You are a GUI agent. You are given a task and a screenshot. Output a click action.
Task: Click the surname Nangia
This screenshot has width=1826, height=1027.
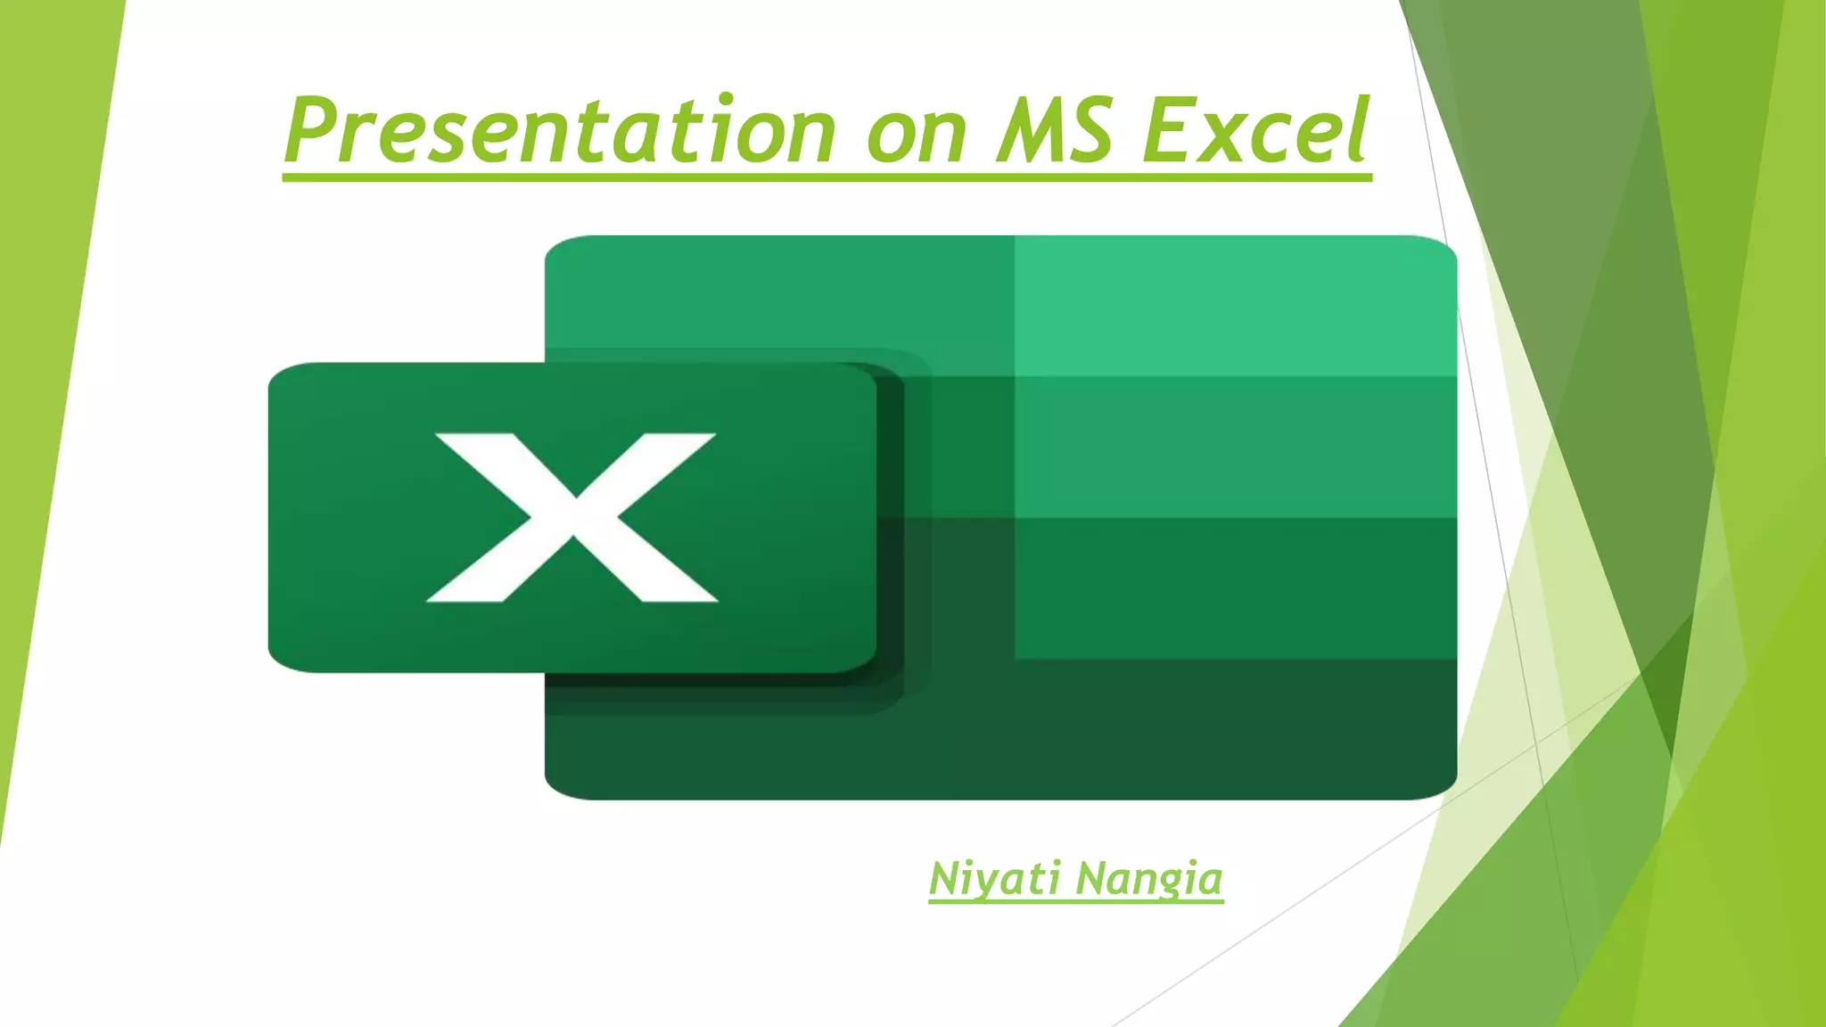pyautogui.click(x=1149, y=879)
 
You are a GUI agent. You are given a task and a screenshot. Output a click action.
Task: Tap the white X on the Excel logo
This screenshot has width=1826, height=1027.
pyautogui.click(x=572, y=517)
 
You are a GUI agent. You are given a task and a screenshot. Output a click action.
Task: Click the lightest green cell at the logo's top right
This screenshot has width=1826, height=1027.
pyautogui.click(x=1235, y=306)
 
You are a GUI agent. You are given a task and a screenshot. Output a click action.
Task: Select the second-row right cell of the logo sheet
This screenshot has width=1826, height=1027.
pyautogui.click(x=1235, y=447)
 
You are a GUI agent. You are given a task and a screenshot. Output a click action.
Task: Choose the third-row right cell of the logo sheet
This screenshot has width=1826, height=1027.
pyautogui.click(x=1235, y=588)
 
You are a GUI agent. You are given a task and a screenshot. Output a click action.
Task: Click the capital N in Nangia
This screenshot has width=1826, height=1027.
pyautogui.click(x=1091, y=878)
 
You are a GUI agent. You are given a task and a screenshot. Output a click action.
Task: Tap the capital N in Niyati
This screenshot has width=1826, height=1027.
pyautogui.click(x=945, y=878)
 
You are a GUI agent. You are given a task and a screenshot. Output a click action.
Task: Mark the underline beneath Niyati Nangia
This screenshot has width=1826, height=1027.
pyautogui.click(x=1075, y=901)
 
